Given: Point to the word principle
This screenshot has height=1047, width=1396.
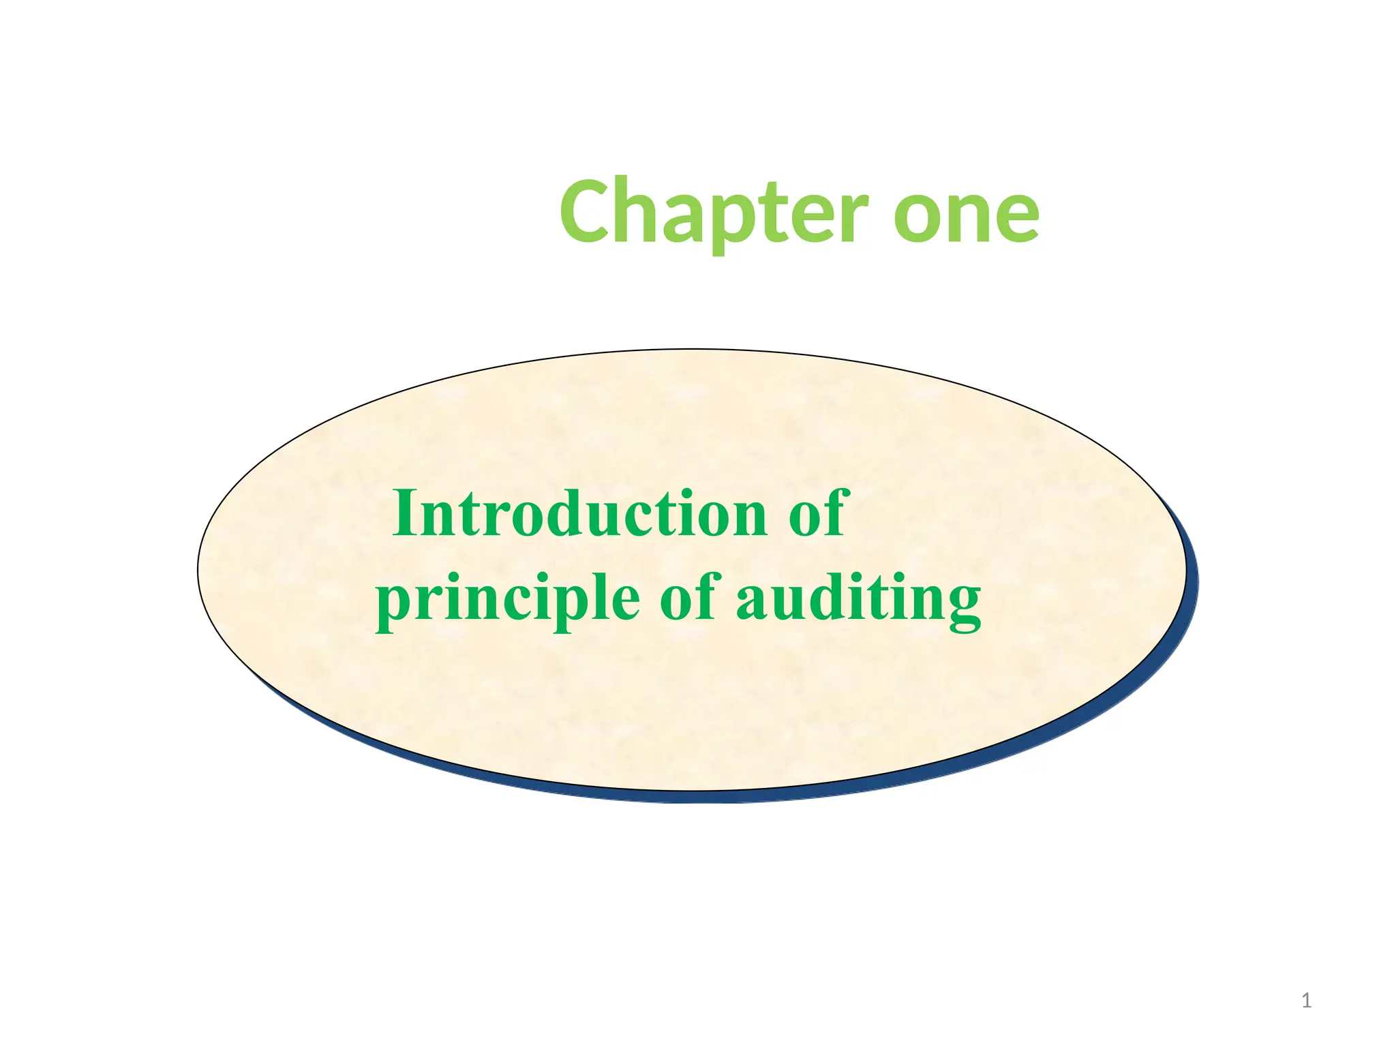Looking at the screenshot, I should pos(508,598).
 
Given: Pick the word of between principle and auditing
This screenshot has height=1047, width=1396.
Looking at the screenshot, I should pos(689,597).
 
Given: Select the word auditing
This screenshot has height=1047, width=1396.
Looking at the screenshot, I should pos(858,598).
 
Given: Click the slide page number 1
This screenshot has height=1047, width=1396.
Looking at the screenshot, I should pos(1306,1001).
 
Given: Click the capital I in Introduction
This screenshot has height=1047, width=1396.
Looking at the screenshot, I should pos(404,513).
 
